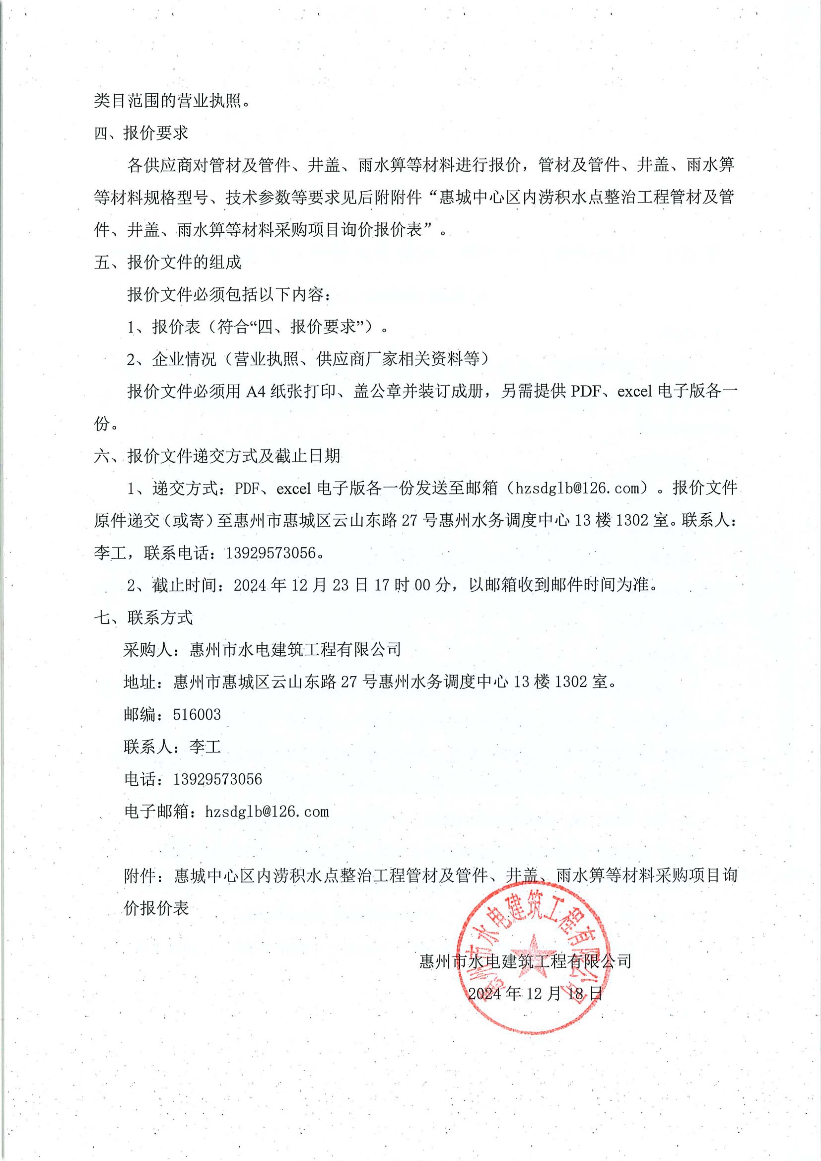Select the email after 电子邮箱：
pyautogui.click(x=267, y=812)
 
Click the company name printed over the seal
pyautogui.click(x=525, y=961)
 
